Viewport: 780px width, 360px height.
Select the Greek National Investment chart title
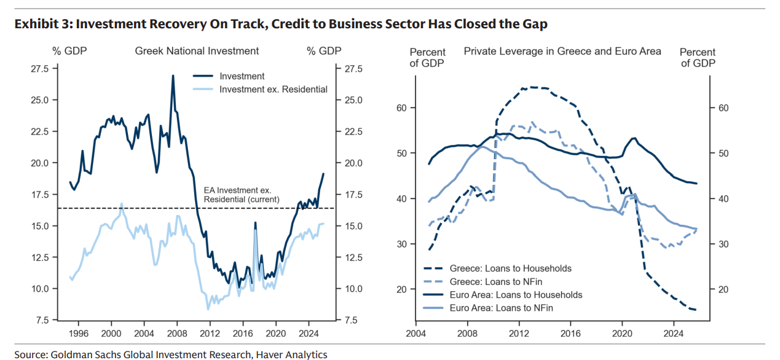pos(197,51)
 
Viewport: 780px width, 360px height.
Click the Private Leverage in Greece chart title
pos(562,51)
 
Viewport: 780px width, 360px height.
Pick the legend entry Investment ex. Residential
pos(273,90)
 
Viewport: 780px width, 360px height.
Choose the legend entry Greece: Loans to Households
pos(510,268)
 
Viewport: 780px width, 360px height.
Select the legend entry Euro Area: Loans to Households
pos(516,295)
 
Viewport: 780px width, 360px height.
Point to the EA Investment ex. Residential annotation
pos(242,195)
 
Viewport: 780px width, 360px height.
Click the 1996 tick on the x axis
pos(79,334)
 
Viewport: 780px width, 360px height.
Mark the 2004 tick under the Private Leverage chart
pos(416,334)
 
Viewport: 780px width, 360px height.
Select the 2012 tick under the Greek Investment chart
pos(210,334)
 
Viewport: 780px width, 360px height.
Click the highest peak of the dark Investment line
pos(173,76)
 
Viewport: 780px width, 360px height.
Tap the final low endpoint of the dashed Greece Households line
pos(696,310)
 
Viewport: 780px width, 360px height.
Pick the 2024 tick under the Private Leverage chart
pos(674,334)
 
